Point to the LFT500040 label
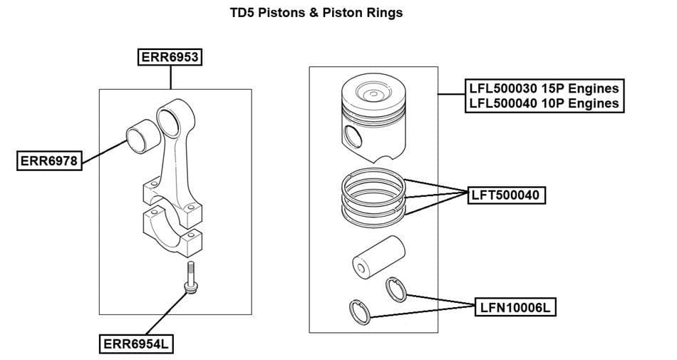[506, 195]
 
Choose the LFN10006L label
[515, 307]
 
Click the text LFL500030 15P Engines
[543, 89]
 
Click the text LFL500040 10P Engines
[543, 103]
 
